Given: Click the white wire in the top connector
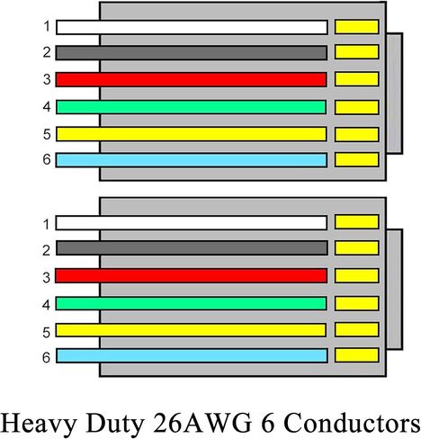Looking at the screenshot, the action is coord(192,27).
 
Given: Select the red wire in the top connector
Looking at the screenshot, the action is coord(192,79).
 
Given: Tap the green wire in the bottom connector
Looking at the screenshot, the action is coord(192,303).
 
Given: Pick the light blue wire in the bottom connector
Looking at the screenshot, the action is coord(192,355).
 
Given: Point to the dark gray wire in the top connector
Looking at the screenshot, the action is coord(192,53).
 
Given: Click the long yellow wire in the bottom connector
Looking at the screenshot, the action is coord(191,330).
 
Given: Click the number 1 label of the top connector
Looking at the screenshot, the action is coord(47,26).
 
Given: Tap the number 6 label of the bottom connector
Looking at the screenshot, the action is coord(46,357).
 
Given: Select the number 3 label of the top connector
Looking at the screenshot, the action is coord(47,79).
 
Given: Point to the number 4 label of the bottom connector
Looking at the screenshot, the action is coord(46,305).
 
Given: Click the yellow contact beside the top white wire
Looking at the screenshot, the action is coord(357,27).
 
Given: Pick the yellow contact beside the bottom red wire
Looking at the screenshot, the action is coord(357,275).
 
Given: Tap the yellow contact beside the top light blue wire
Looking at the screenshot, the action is coord(357,159).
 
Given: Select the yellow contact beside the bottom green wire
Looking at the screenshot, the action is coord(357,303).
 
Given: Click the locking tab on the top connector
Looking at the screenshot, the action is coord(394,94).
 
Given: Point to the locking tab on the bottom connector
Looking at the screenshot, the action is coord(394,290).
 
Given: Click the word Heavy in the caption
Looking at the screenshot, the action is coord(39,424).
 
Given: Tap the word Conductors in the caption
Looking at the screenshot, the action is coord(352,423).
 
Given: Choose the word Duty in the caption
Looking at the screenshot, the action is coord(115,424).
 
